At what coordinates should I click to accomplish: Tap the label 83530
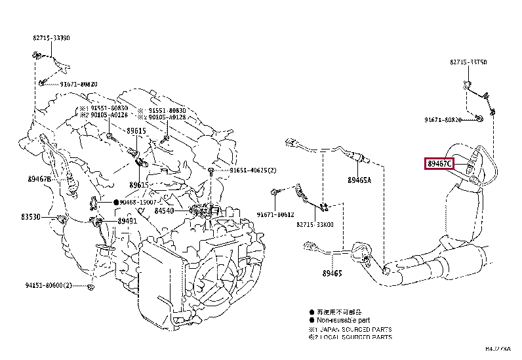coord(39,216)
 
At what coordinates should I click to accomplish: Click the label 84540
coord(164,211)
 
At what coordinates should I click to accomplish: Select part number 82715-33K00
coord(315,224)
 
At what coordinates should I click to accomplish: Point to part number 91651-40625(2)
coord(253,170)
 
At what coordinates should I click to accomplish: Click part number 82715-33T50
coord(468,62)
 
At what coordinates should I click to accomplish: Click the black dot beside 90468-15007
coord(115,203)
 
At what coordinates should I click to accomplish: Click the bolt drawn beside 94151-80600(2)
coord(90,287)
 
